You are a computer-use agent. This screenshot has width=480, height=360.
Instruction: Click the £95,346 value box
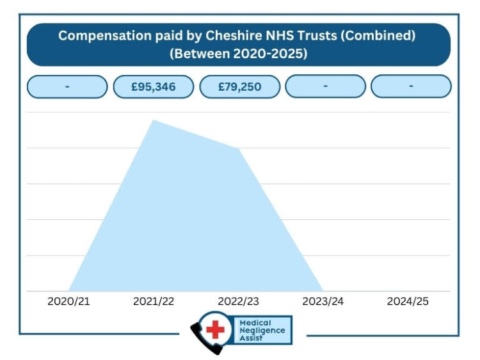[x=153, y=86]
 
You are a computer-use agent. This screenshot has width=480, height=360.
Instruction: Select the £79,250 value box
[x=239, y=86]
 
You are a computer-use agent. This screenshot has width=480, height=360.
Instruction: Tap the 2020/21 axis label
[x=68, y=301]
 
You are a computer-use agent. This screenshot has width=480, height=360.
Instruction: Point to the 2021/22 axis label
[x=154, y=301]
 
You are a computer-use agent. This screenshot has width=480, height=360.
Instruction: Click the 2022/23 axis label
[x=239, y=301]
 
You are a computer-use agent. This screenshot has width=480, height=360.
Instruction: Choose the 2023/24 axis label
[x=323, y=301]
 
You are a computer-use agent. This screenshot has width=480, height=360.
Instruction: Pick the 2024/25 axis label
[x=408, y=301]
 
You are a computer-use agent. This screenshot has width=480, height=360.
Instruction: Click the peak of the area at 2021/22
[x=154, y=120]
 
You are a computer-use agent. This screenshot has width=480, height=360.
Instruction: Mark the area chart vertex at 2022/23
[x=239, y=149]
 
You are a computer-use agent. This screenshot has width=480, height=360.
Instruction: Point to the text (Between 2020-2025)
[x=238, y=54]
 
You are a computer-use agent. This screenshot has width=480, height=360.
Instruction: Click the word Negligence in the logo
[x=262, y=331]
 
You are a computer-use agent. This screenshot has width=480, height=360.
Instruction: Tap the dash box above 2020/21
[x=67, y=86]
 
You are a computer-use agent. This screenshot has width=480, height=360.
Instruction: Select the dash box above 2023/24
[x=325, y=86]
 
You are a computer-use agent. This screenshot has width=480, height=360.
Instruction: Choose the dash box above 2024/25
[x=411, y=86]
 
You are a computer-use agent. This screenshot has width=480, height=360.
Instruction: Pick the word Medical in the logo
[x=255, y=323]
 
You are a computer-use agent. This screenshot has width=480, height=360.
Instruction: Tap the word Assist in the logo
[x=251, y=338]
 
